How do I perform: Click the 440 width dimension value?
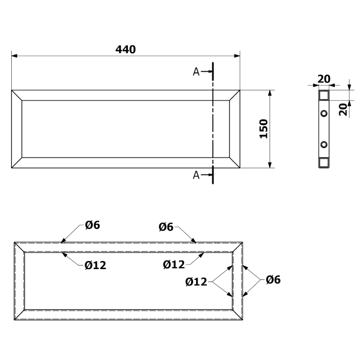(126, 49)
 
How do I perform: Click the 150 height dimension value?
(264, 129)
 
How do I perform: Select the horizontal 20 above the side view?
(324, 79)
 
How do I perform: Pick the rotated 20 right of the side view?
(343, 109)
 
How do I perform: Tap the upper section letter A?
(196, 72)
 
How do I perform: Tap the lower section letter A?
(196, 175)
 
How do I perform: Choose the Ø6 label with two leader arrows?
(273, 280)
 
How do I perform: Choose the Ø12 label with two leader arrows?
(196, 282)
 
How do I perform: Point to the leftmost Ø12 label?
(95, 265)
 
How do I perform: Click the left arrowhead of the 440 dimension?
(14, 56)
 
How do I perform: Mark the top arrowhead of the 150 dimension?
(270, 93)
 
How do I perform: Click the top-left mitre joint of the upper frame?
(17, 95)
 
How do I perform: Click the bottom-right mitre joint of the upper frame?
(234, 162)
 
